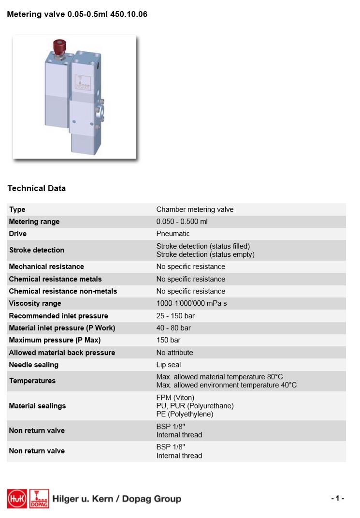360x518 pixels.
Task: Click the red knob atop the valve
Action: click(59, 47)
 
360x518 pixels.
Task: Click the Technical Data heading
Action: click(37, 189)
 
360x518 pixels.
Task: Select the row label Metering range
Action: click(34, 222)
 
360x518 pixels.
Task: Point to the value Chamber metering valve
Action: click(195, 209)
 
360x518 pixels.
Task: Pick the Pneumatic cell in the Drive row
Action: click(173, 234)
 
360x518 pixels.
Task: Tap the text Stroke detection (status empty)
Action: click(205, 254)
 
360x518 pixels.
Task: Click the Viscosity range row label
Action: click(35, 303)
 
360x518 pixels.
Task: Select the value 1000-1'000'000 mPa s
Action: click(191, 303)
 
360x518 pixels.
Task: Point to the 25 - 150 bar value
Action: click(175, 316)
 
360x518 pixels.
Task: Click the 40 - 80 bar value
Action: click(173, 328)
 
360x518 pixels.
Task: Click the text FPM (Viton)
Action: click(175, 398)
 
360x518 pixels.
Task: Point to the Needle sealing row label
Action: click(34, 365)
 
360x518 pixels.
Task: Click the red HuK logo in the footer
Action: click(17, 499)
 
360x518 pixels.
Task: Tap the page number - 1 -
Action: click(337, 498)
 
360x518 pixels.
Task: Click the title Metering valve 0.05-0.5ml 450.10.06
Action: click(77, 15)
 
